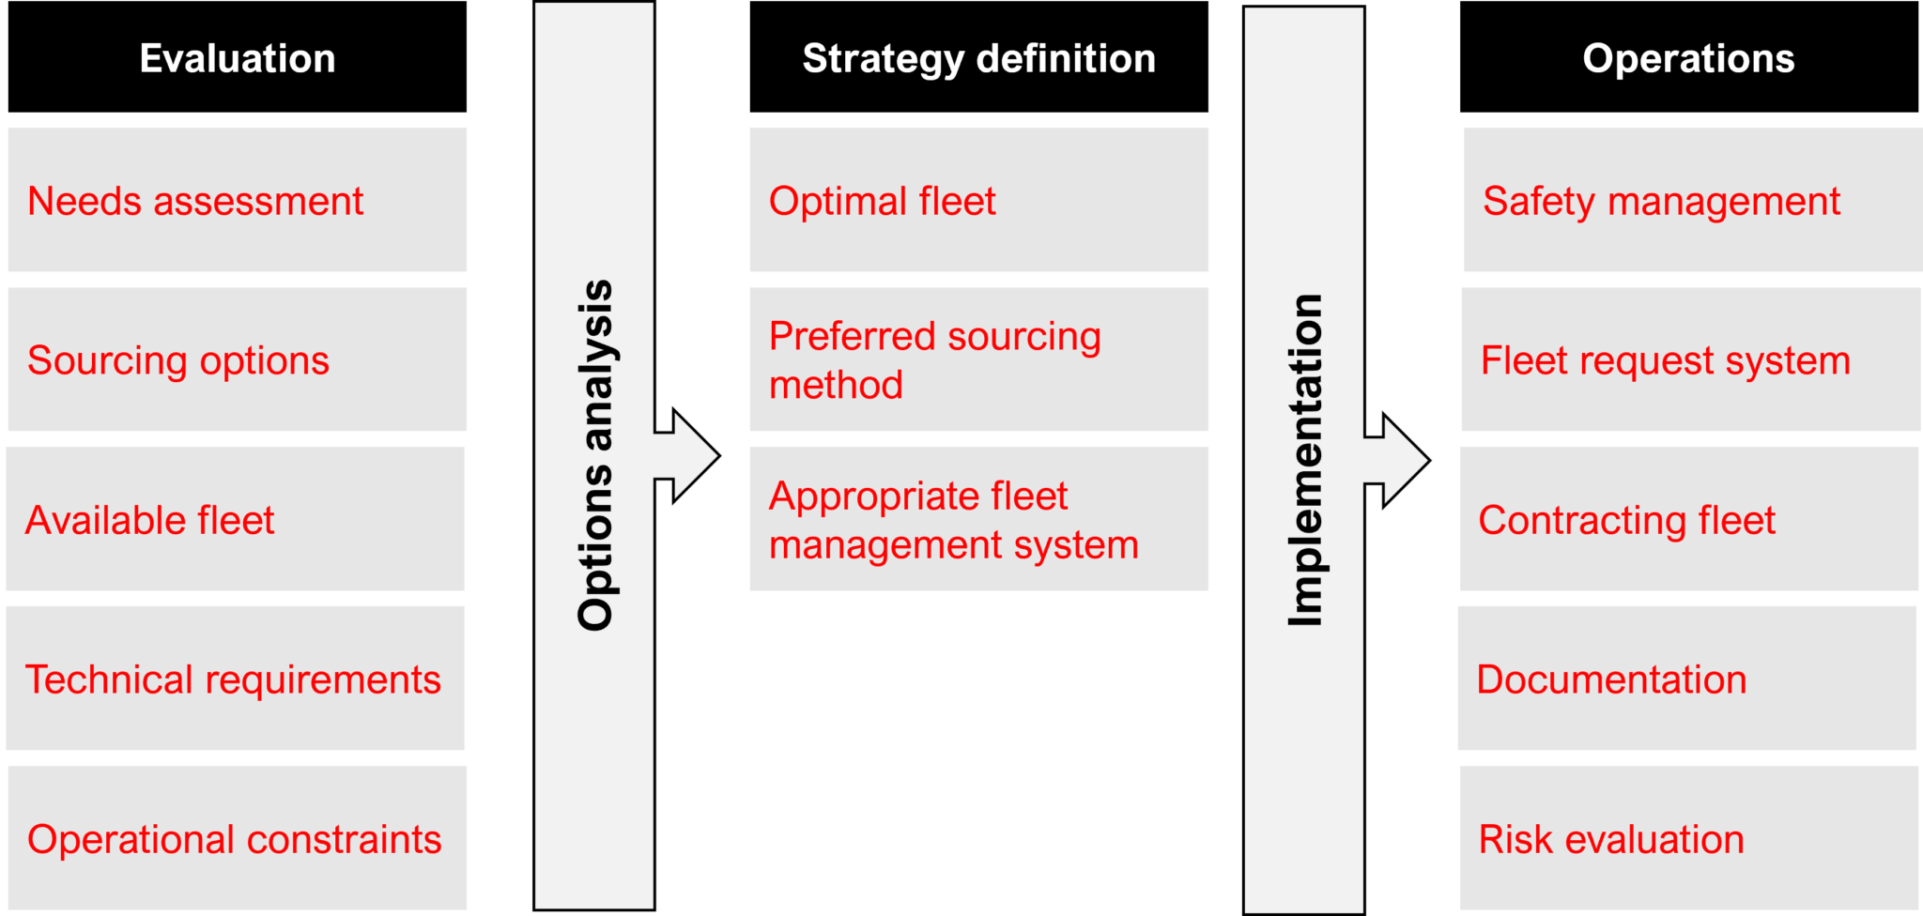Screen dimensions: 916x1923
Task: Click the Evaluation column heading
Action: pos(238,59)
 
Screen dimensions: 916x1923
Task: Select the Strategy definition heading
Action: pos(978,59)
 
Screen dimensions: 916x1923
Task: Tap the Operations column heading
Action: pos(1688,59)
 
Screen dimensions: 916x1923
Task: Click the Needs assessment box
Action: pos(238,200)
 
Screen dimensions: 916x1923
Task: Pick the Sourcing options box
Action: pos(238,359)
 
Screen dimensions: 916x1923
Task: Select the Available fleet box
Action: pos(236,519)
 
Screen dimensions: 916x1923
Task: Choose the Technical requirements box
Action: pos(236,679)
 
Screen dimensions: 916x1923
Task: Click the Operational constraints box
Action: pos(238,838)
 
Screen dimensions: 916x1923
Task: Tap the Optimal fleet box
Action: pos(978,200)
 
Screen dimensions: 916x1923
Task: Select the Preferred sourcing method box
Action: pos(978,359)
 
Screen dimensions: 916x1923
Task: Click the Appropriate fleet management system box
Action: pos(978,519)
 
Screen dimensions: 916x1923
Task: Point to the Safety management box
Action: pos(1692,200)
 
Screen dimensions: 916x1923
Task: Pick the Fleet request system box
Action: pos(1690,359)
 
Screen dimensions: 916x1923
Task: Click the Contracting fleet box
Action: pos(1688,519)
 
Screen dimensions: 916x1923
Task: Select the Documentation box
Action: pos(1686,679)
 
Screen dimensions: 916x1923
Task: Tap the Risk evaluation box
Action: pos(1688,838)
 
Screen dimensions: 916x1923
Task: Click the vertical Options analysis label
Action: pos(595,455)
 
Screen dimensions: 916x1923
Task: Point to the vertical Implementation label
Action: pos(1305,460)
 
